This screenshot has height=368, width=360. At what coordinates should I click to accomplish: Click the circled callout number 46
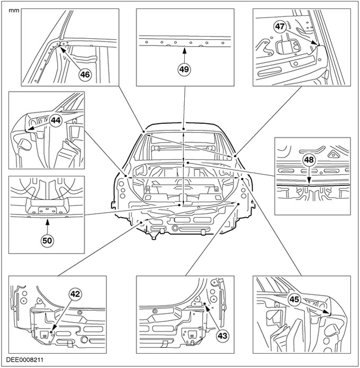[x=85, y=75]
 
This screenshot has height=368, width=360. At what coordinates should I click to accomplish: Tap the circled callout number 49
[x=184, y=69]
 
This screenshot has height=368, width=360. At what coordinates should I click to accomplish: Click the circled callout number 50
[x=48, y=239]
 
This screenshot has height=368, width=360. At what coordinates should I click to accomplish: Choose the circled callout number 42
[x=76, y=293]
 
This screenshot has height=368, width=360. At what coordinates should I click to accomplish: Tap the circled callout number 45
[x=294, y=299]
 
